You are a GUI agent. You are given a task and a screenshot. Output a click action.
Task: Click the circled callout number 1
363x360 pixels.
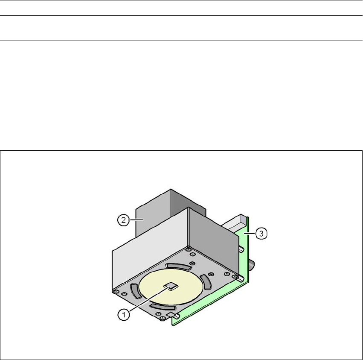tap(124, 315)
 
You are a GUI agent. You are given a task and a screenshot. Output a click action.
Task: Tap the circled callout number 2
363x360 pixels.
tap(124, 220)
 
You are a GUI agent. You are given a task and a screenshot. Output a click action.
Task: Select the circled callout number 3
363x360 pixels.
tap(261, 233)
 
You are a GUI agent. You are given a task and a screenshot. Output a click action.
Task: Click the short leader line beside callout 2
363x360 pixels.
tap(137, 220)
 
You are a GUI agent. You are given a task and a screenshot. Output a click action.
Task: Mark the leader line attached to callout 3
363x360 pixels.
tap(250, 234)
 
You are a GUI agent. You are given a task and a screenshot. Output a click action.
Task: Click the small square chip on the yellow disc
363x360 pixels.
tap(171, 286)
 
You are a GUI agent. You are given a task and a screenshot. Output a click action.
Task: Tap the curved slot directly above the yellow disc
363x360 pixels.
tap(178, 266)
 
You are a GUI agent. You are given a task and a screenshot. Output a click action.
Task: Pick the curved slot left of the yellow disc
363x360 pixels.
tap(136, 291)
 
